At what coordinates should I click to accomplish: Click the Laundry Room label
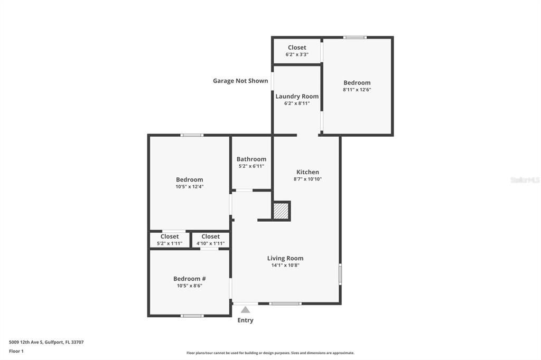click(x=296, y=96)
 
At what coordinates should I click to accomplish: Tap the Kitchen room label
click(x=307, y=172)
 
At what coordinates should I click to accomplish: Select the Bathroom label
click(x=251, y=159)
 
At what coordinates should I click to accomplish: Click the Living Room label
click(x=285, y=258)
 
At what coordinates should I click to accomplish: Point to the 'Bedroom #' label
click(x=189, y=279)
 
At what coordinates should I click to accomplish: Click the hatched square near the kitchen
click(x=281, y=211)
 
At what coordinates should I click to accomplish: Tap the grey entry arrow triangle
click(x=245, y=310)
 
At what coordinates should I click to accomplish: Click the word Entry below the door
click(x=245, y=320)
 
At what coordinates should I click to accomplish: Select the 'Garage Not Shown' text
click(x=240, y=81)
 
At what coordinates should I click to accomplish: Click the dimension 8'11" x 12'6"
click(x=357, y=90)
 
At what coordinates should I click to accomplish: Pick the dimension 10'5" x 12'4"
click(x=189, y=186)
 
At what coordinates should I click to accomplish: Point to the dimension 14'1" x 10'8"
click(x=285, y=266)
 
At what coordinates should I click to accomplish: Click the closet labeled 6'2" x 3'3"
click(x=296, y=51)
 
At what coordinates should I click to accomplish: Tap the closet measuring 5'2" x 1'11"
click(x=170, y=240)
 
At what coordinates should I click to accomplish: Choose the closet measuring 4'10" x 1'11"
click(x=210, y=240)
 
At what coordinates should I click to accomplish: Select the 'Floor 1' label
click(x=16, y=351)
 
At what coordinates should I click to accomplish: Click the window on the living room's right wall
click(x=340, y=274)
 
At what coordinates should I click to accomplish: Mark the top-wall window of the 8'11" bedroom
click(x=355, y=37)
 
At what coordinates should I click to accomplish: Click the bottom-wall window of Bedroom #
click(x=192, y=316)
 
